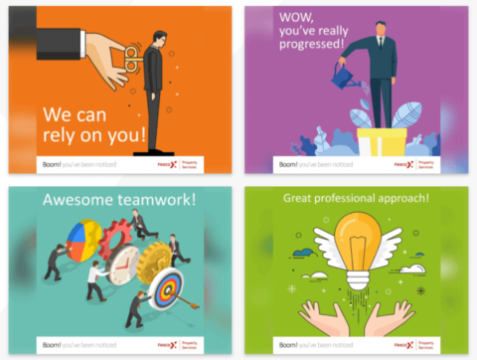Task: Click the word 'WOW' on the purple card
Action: [274, 21]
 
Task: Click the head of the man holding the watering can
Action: [381, 29]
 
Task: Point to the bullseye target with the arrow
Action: [166, 295]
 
